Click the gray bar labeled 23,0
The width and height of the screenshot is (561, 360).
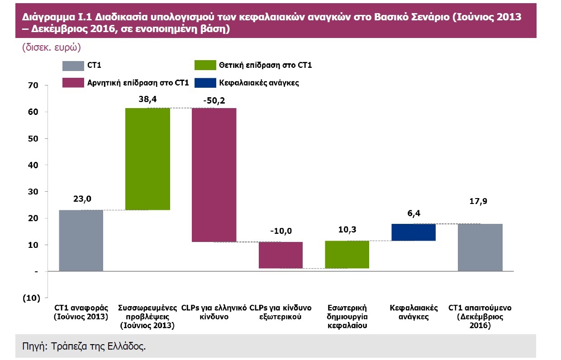click(x=81, y=241)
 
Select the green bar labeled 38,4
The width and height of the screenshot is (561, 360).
click(x=147, y=159)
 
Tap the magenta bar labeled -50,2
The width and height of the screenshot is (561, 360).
click(x=214, y=175)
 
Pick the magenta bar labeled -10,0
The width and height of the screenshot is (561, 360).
click(x=280, y=255)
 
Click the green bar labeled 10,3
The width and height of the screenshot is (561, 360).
click(x=347, y=255)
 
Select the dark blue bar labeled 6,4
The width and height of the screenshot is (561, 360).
click(x=414, y=232)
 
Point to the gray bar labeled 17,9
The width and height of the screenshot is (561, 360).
click(x=480, y=247)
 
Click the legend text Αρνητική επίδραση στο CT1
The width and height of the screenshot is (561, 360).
click(x=138, y=83)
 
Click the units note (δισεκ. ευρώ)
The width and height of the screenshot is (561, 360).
click(x=51, y=47)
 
